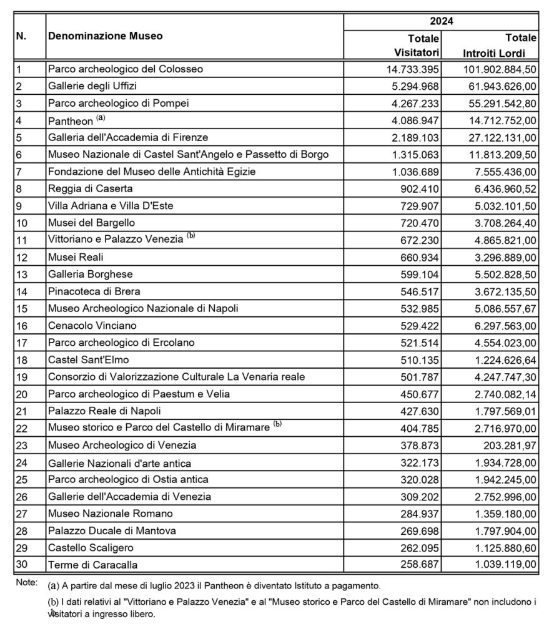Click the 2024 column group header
(x=441, y=21)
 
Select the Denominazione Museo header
(x=105, y=36)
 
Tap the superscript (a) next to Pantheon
(x=97, y=117)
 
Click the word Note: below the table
(x=26, y=583)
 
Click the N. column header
(x=21, y=36)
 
